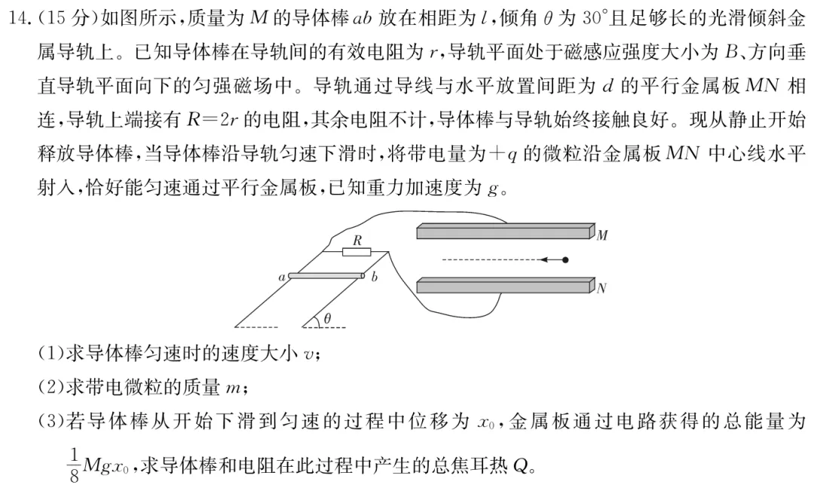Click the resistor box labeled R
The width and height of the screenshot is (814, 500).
click(357, 250)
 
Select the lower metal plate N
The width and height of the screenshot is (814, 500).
click(503, 286)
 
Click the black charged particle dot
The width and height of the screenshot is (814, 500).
click(565, 260)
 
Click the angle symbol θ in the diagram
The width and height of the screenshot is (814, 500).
click(327, 319)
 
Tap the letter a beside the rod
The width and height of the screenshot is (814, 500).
click(282, 278)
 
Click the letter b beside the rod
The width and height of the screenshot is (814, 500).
click(374, 278)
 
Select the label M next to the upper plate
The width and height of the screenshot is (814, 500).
click(602, 236)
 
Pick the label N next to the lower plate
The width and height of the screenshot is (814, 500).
click(601, 288)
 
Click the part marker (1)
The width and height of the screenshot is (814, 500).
click(50, 352)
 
